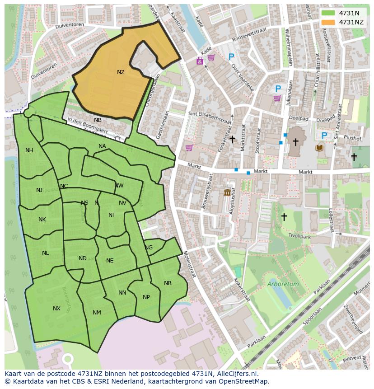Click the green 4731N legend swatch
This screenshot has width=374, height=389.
(328, 13)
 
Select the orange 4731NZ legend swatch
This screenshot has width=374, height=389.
(328, 22)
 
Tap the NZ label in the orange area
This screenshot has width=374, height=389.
(121, 72)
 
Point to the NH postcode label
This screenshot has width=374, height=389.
(29, 150)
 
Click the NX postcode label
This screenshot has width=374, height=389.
(56, 309)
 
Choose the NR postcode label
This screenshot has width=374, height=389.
(168, 283)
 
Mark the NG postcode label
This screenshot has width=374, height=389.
(149, 248)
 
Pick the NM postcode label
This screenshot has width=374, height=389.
(97, 313)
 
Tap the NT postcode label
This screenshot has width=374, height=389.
(112, 215)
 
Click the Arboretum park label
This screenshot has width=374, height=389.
(283, 284)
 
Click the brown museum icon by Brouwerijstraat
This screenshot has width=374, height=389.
(227, 193)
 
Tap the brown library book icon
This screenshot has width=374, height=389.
(320, 148)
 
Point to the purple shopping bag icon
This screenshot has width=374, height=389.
(199, 61)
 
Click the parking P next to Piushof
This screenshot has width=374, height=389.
(324, 136)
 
